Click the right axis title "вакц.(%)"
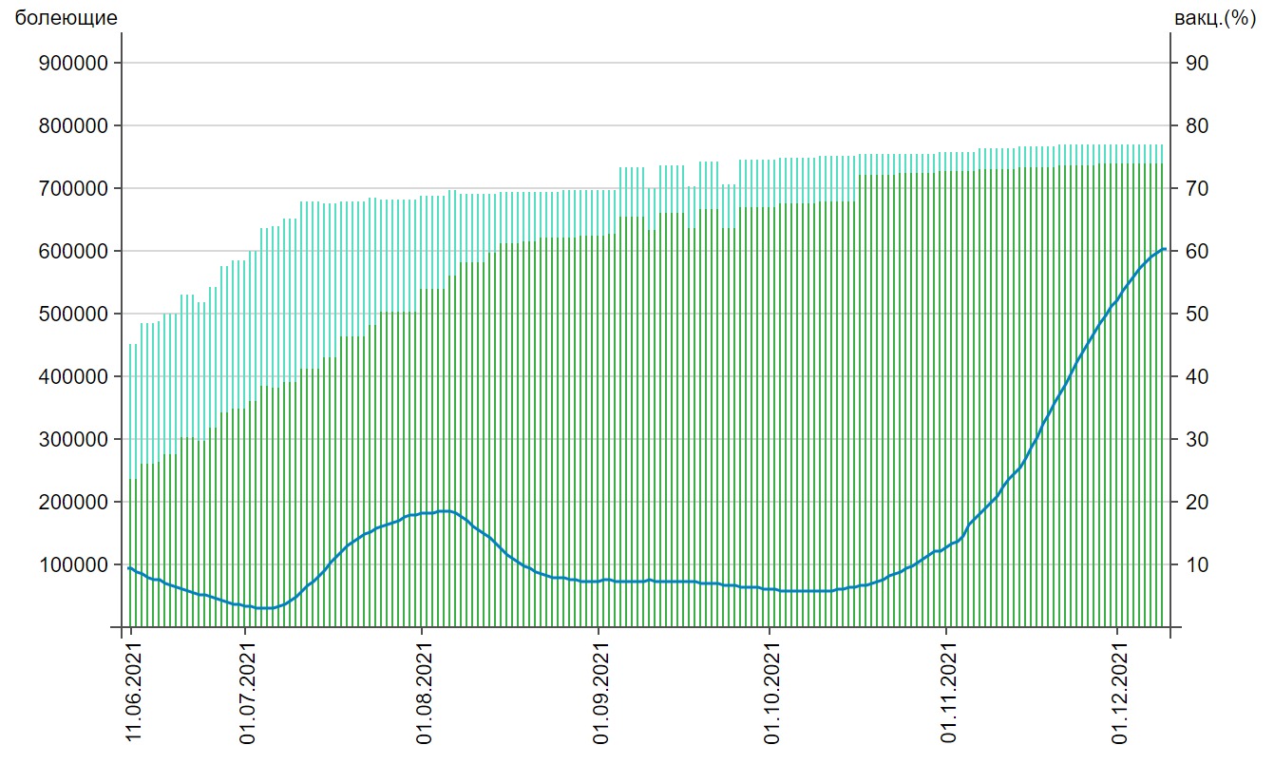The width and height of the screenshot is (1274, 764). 1215,18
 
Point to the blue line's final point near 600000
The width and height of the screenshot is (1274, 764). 1164,249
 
